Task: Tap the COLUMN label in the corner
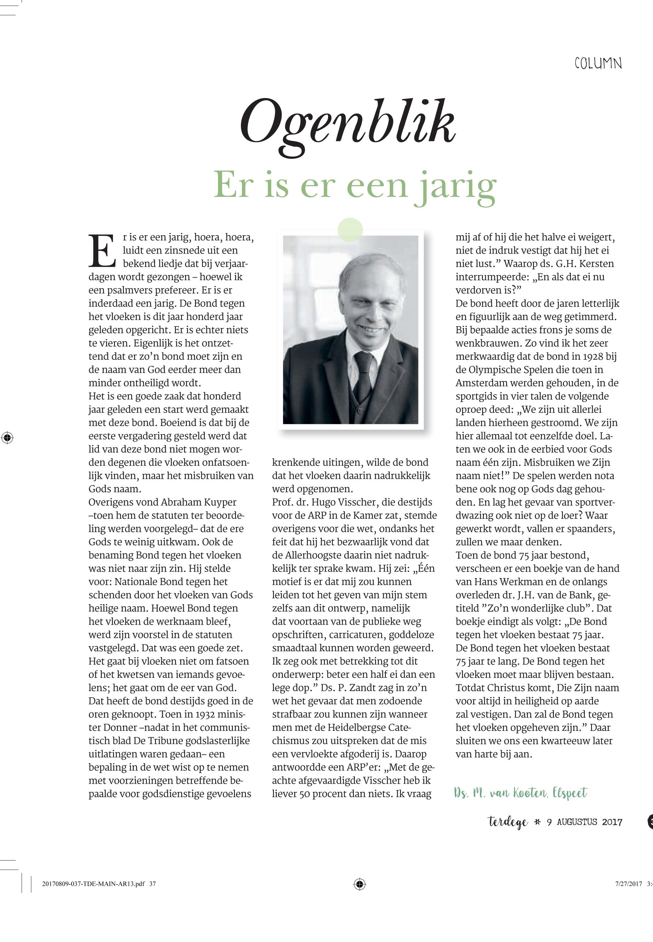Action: pos(598,63)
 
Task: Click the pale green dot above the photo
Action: pos(350,230)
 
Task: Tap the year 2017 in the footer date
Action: pos(612,822)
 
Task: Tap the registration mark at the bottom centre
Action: pos(359,884)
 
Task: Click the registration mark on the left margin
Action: pos(7,438)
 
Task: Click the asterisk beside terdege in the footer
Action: pos(538,822)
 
